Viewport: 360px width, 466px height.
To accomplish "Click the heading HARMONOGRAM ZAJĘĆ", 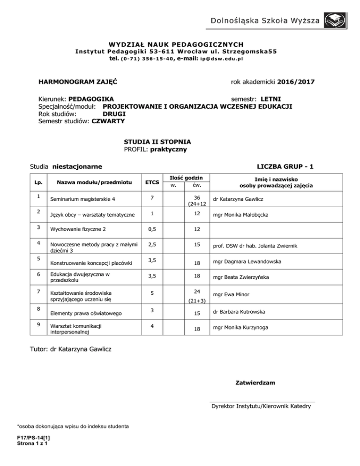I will (77, 83).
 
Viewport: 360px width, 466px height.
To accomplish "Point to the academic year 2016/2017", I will (296, 83).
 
